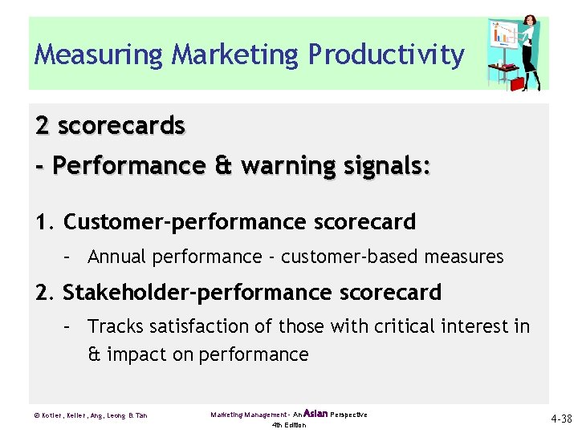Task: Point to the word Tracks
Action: [x=113, y=326]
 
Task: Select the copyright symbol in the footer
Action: [x=38, y=415]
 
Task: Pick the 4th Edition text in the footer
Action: [x=289, y=425]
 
